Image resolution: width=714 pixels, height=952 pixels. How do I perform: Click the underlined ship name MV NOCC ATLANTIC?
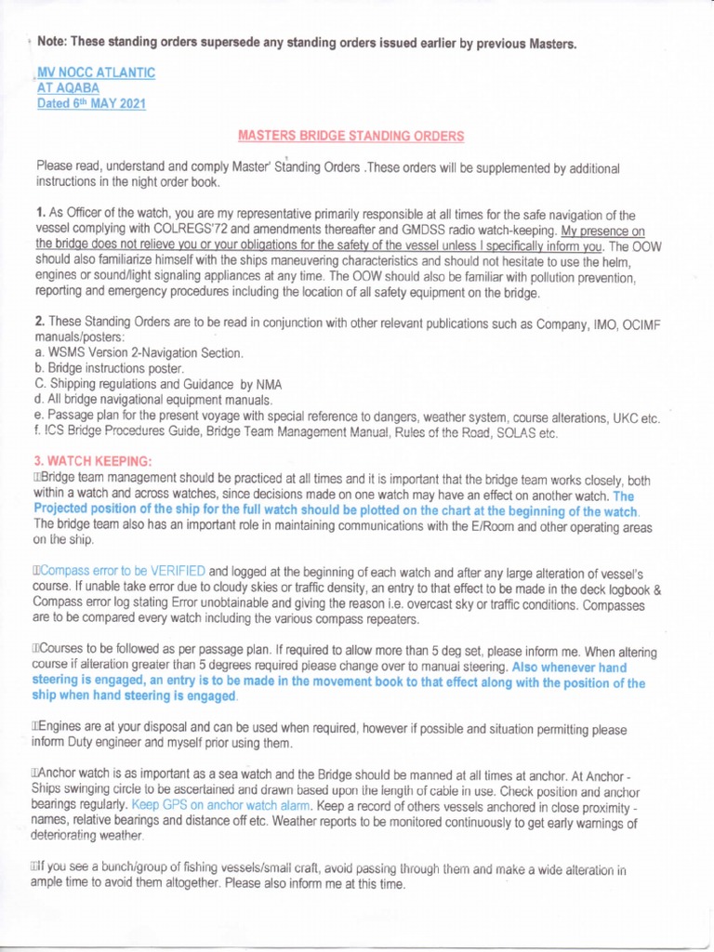tap(95, 73)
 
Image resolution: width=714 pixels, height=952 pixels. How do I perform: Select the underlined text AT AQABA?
tap(68, 88)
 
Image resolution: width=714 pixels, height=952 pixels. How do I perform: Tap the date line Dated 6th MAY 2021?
tap(91, 104)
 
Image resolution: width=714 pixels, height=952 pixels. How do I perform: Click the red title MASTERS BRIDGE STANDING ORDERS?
tap(350, 136)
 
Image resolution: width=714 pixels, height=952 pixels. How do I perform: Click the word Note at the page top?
tap(54, 43)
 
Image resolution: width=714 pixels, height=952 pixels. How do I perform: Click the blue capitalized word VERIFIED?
tap(177, 570)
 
